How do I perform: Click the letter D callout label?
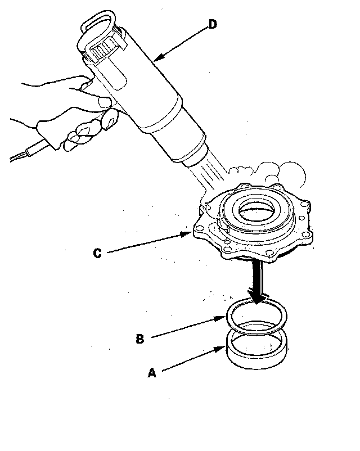213,24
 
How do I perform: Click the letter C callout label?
97,253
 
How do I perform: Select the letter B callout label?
139,339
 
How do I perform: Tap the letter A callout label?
152,372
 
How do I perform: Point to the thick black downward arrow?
257,282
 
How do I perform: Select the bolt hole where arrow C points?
199,229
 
